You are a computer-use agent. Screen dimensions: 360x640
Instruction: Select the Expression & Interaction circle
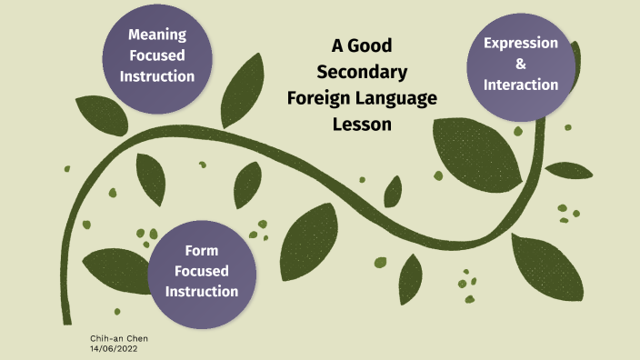(521, 64)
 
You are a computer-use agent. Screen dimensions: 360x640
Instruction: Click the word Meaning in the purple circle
(157, 35)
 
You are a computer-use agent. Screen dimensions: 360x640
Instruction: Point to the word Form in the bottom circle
(201, 250)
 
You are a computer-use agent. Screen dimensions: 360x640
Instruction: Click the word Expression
(521, 43)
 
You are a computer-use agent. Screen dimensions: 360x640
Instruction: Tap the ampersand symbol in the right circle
(521, 64)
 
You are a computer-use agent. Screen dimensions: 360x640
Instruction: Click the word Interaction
(521, 85)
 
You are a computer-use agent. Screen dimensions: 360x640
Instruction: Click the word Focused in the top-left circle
(157, 55)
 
